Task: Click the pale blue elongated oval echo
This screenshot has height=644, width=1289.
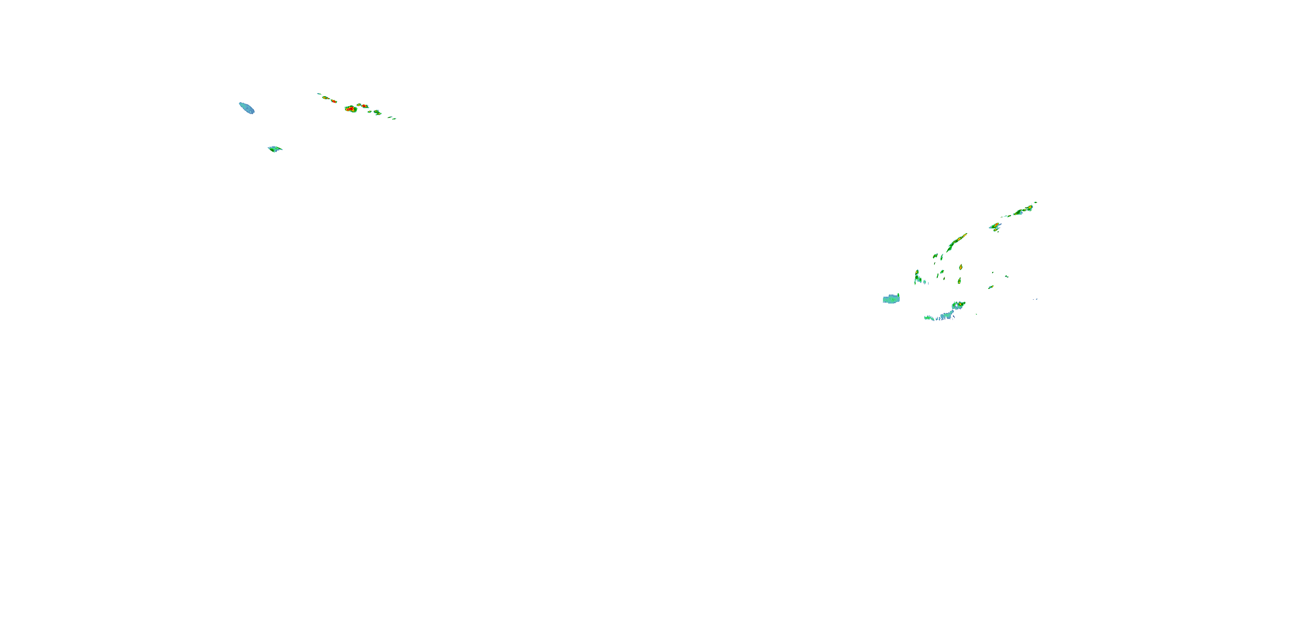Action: [x=246, y=107]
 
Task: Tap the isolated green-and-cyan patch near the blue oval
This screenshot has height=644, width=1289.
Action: [x=274, y=149]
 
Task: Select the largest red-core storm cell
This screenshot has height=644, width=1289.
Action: [x=351, y=109]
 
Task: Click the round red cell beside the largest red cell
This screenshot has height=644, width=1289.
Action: [x=364, y=106]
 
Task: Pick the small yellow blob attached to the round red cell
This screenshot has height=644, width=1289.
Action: [x=359, y=105]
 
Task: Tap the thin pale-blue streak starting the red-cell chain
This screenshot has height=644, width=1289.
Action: [x=319, y=94]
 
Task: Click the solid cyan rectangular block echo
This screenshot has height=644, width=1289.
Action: [x=891, y=299]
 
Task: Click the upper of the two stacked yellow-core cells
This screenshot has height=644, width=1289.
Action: [x=961, y=267]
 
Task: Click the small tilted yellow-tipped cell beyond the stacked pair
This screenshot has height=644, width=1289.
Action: [x=991, y=286]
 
